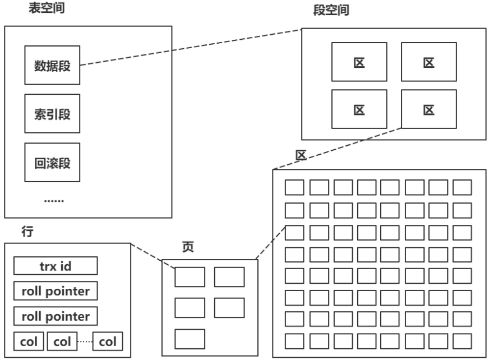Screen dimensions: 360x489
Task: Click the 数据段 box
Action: [51, 66]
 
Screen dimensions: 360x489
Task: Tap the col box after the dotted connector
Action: [108, 340]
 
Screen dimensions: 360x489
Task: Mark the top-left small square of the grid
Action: [295, 187]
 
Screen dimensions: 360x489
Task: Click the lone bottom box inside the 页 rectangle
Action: [190, 339]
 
